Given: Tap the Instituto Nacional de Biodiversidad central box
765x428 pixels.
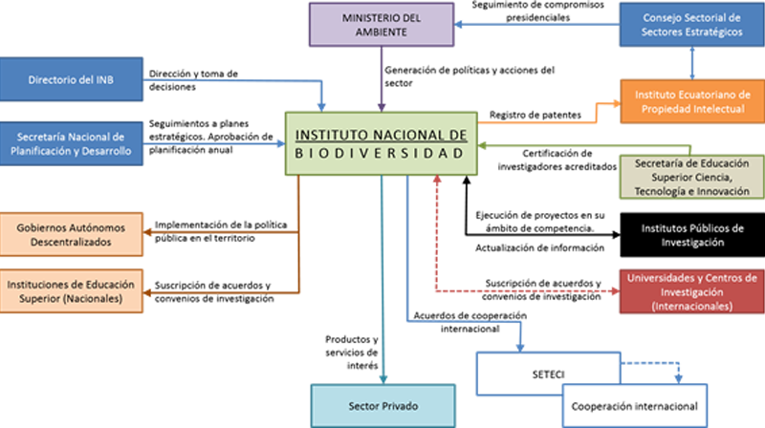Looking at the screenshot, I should point(380,144).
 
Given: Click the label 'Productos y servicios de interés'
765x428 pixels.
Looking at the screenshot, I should point(352,353).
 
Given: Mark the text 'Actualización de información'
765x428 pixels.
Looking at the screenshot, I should point(539,247).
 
